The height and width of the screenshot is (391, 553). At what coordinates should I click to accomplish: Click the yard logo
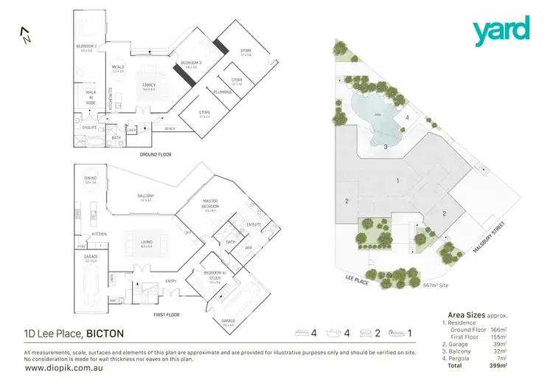click(501, 30)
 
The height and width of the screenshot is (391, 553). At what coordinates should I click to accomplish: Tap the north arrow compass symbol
click(24, 35)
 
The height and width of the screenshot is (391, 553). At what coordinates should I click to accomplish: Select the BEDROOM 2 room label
click(87, 49)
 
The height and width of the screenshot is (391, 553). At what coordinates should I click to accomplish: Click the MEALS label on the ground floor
click(118, 68)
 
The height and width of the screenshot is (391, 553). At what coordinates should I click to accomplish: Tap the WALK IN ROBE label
click(91, 97)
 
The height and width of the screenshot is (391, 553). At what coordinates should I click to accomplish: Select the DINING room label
click(90, 179)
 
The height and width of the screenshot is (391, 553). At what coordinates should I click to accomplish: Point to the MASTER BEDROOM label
click(211, 207)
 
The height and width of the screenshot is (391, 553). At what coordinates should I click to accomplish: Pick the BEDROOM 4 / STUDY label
click(215, 279)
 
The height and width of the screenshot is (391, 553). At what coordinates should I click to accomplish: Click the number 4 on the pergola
click(407, 117)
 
